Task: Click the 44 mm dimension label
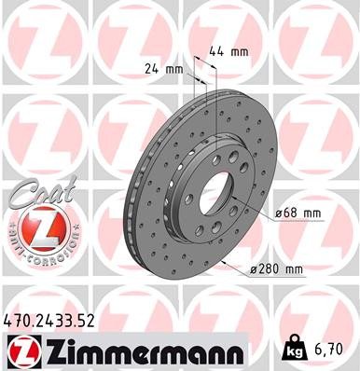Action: tap(228, 51)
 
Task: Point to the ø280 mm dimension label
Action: tap(279, 270)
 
